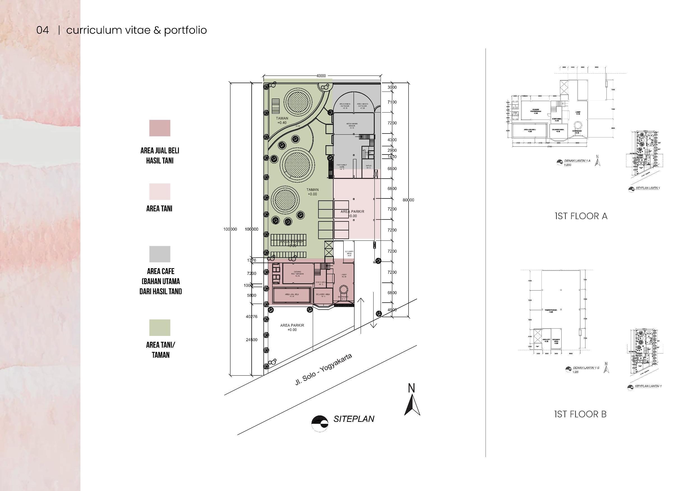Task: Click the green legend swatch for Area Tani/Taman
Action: pyautogui.click(x=159, y=328)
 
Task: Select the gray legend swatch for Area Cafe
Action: pyautogui.click(x=159, y=254)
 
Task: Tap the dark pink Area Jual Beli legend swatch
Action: pyautogui.click(x=159, y=128)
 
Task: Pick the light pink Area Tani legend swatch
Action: pyautogui.click(x=159, y=191)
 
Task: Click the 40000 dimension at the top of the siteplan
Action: pyautogui.click(x=321, y=76)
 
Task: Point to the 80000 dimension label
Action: pyautogui.click(x=408, y=200)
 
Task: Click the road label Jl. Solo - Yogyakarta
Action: pyautogui.click(x=323, y=370)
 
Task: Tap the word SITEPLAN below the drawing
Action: pyautogui.click(x=354, y=419)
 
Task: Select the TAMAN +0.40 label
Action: pyautogui.click(x=282, y=120)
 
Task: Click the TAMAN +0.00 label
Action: pyautogui.click(x=312, y=192)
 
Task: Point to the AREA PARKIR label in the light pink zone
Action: pyautogui.click(x=352, y=214)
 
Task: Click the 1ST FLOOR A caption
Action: pyautogui.click(x=581, y=216)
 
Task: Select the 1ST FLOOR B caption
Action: pyautogui.click(x=580, y=414)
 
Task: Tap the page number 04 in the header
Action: pyautogui.click(x=42, y=30)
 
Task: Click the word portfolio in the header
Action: pyautogui.click(x=185, y=30)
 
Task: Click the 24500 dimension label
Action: pyautogui.click(x=252, y=340)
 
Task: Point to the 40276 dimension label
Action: pyautogui.click(x=252, y=317)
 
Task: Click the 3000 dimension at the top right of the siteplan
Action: pyautogui.click(x=392, y=87)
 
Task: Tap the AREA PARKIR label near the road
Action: pyautogui.click(x=292, y=328)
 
